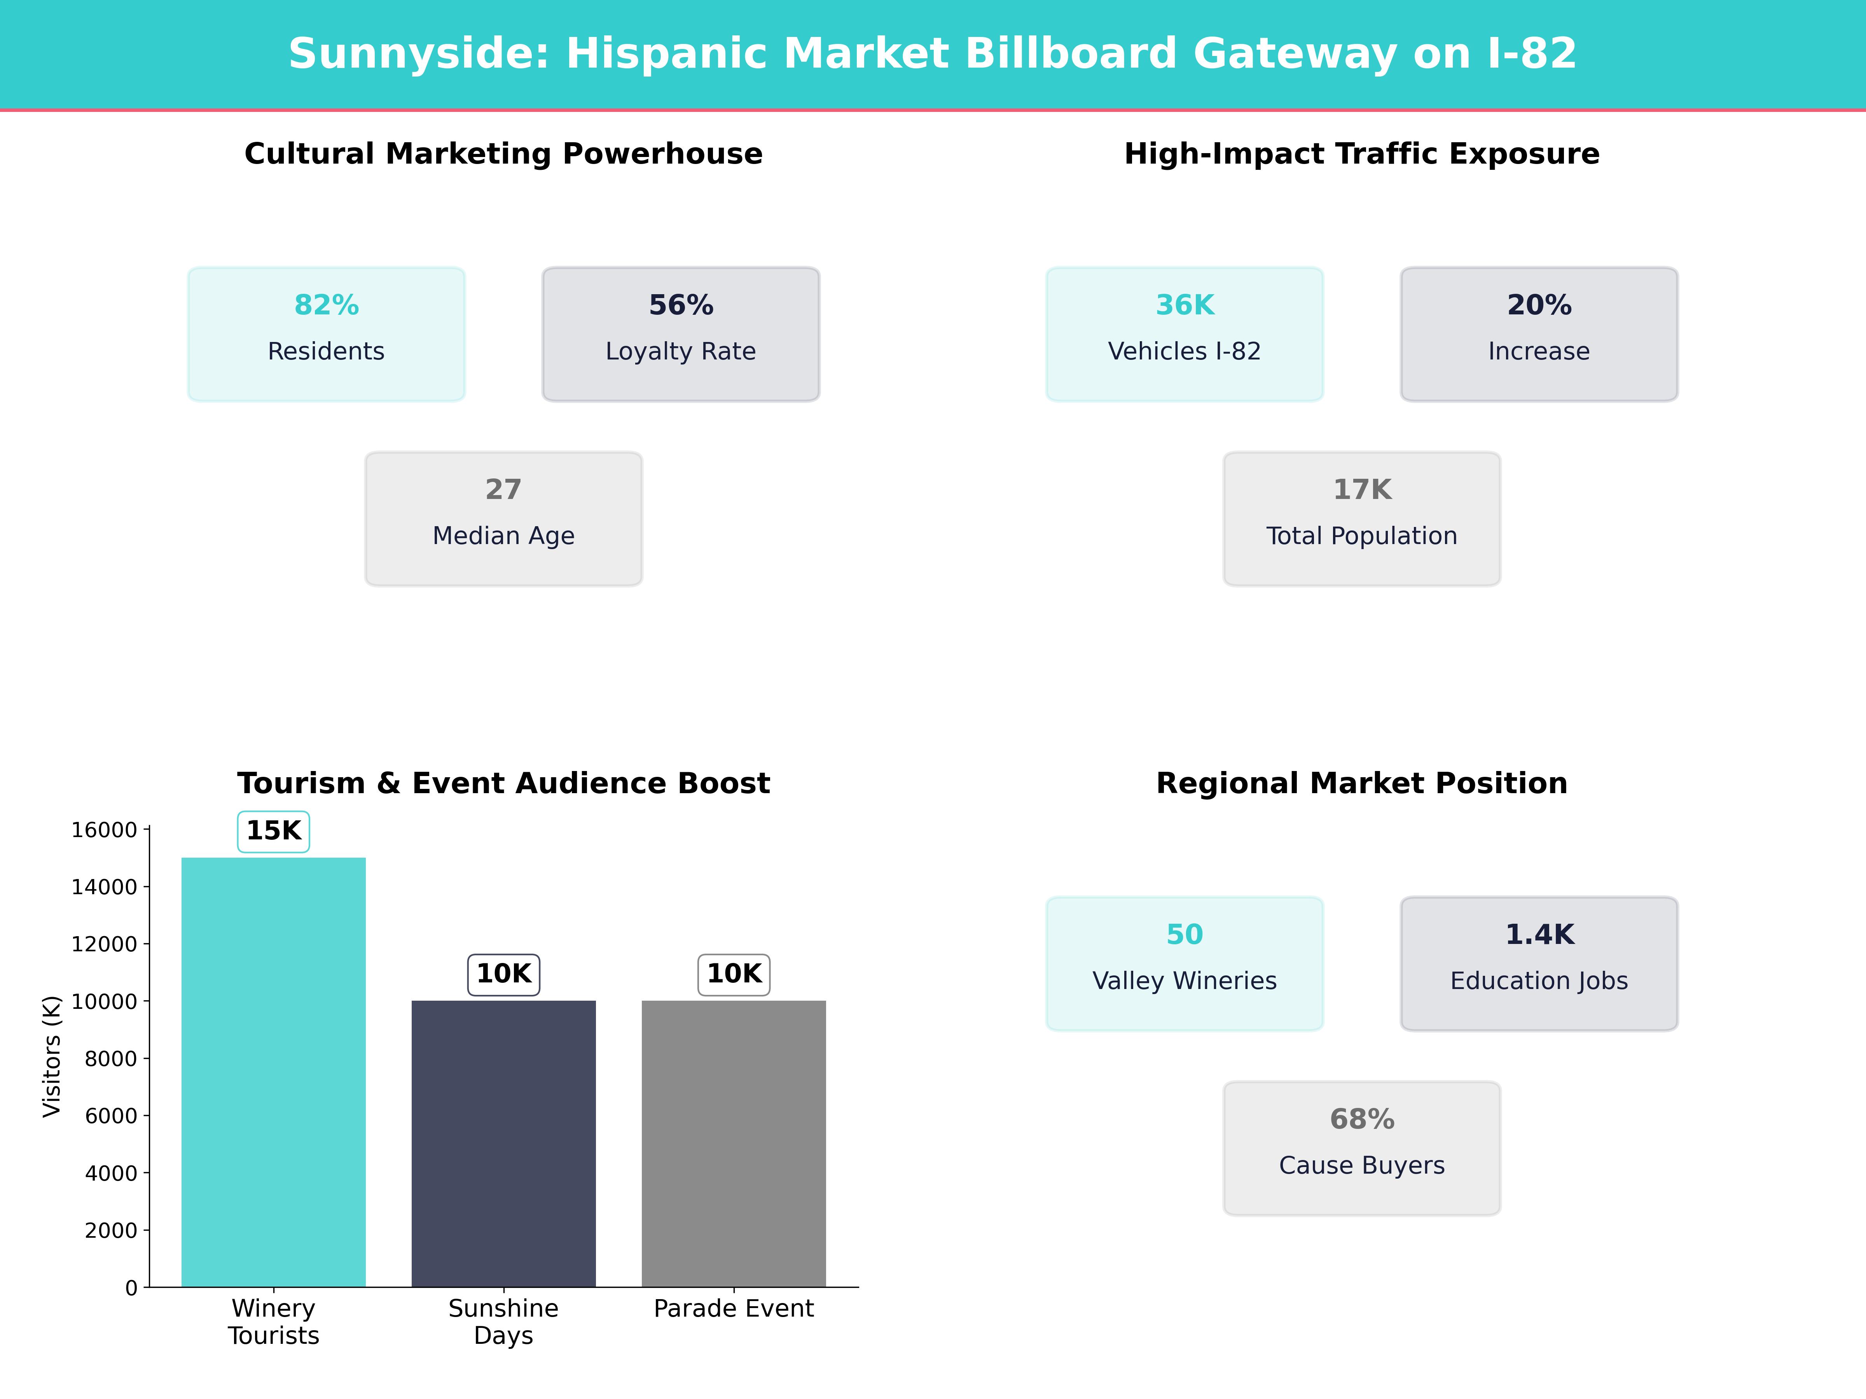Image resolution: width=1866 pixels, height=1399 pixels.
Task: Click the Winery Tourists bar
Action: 273,1071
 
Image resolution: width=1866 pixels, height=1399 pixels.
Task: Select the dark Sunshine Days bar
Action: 503,1143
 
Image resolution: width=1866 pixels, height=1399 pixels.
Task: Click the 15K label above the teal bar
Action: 273,830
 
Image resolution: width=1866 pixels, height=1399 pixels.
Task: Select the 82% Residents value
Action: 327,305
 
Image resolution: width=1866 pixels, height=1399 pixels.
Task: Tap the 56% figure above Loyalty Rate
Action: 681,305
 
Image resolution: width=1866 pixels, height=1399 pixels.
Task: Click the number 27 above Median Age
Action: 503,489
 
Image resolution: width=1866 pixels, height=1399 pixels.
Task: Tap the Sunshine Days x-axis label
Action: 503,1321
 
